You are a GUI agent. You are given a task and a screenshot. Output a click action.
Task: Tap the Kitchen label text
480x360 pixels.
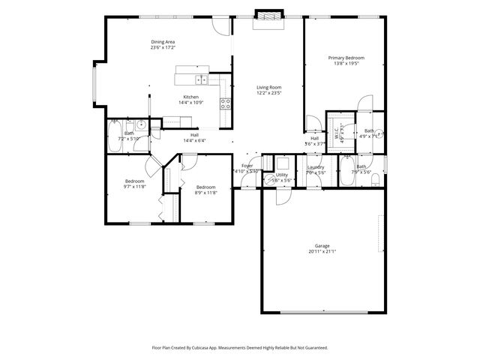pyautogui.click(x=191, y=97)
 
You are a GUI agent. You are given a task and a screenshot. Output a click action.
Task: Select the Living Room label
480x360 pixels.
pyautogui.click(x=268, y=88)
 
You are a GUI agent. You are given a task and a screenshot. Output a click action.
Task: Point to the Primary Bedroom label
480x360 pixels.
pyautogui.click(x=346, y=57)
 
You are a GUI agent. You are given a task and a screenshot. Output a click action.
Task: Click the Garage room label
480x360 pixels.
pyautogui.click(x=322, y=246)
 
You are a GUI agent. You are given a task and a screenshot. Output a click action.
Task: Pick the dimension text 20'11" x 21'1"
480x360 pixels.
pyautogui.click(x=322, y=252)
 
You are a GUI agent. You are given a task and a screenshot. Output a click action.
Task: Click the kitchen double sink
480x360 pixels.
pyautogui.click(x=201, y=79)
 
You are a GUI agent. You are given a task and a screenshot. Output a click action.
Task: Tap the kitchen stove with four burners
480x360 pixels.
pyautogui.click(x=224, y=104)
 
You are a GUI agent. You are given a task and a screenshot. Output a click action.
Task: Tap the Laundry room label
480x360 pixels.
pyautogui.click(x=316, y=166)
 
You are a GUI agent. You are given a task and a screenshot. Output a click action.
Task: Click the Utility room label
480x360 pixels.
pyautogui.click(x=281, y=174)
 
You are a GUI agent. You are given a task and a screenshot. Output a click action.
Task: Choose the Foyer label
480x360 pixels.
pyautogui.click(x=247, y=166)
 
